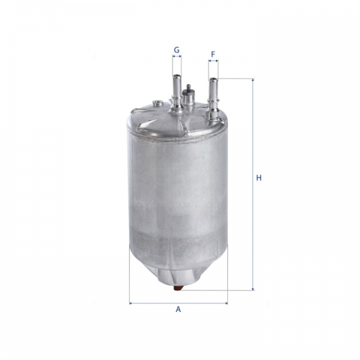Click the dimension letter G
(x=176, y=50)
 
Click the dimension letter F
(x=213, y=55)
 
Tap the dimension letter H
(x=259, y=178)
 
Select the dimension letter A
(x=178, y=309)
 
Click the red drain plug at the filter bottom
(x=178, y=287)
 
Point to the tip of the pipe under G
(x=177, y=76)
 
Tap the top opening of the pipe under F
(x=213, y=79)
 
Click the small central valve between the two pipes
(x=188, y=94)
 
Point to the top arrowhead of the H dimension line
(x=253, y=80)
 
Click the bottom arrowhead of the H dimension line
(x=253, y=289)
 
